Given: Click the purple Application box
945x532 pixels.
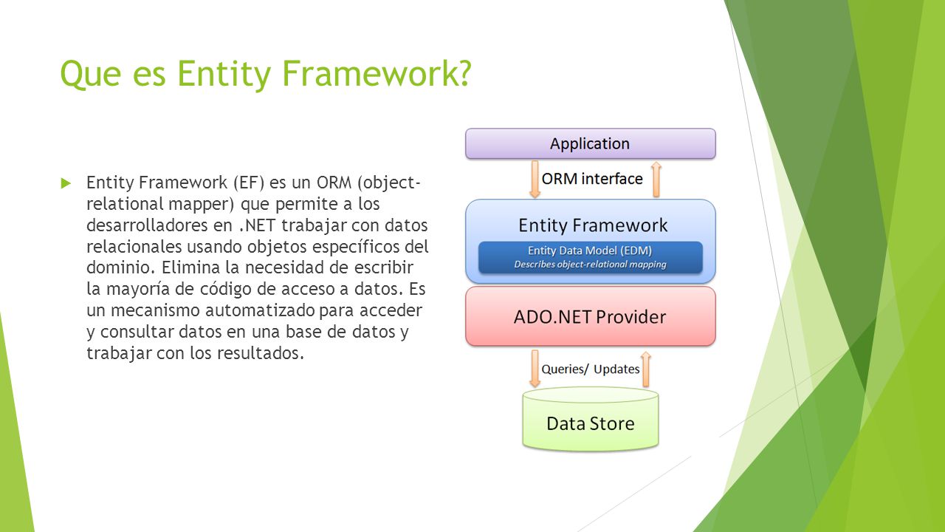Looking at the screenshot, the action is [590, 143].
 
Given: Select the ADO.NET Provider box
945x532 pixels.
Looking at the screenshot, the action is [590, 316].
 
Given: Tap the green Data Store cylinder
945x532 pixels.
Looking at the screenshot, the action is [590, 419].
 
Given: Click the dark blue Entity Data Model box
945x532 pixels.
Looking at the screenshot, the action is [590, 257].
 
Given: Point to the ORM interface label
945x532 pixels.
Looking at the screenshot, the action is [592, 179].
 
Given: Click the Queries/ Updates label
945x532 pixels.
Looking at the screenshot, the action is [590, 369].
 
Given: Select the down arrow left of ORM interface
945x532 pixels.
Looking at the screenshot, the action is [535, 179].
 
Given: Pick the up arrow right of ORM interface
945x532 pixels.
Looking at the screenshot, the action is [656, 179].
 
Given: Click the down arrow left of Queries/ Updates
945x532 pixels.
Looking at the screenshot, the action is [535, 369].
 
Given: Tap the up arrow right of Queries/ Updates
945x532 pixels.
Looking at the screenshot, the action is [646, 369].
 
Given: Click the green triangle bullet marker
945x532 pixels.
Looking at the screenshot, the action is [66, 183].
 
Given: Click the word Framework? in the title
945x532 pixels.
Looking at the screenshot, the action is [376, 73].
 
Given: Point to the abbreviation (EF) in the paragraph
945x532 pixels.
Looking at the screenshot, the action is [252, 183].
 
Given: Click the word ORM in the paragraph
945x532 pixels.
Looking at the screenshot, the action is [334, 183].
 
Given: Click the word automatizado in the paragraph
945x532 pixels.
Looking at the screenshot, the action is [260, 310].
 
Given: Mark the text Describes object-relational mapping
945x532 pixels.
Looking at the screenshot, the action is [590, 265].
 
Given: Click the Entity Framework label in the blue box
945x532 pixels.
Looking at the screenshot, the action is [593, 225].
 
